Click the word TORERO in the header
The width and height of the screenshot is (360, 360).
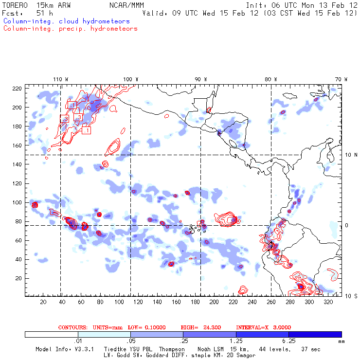pos(14,5)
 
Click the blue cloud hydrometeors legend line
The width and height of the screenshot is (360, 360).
pos(67,21)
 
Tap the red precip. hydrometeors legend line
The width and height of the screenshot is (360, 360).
pos(70,29)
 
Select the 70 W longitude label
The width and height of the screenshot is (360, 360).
pos(342,79)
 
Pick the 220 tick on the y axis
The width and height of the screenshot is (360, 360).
pos(18,89)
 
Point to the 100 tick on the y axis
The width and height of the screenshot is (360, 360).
pos(18,202)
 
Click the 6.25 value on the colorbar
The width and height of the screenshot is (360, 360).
pos(288,342)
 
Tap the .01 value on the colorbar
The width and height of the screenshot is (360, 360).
pos(77,342)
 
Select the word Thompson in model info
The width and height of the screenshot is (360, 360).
pos(172,349)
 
